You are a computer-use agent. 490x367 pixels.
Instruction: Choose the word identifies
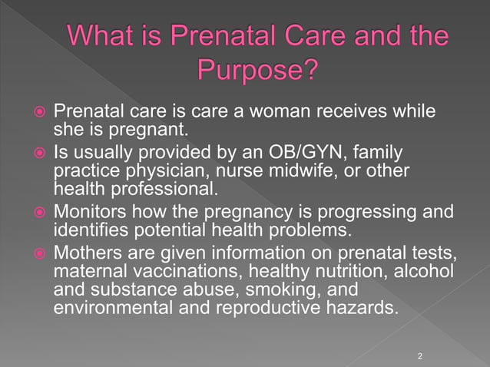87,229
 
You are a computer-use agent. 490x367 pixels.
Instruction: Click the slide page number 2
420,355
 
